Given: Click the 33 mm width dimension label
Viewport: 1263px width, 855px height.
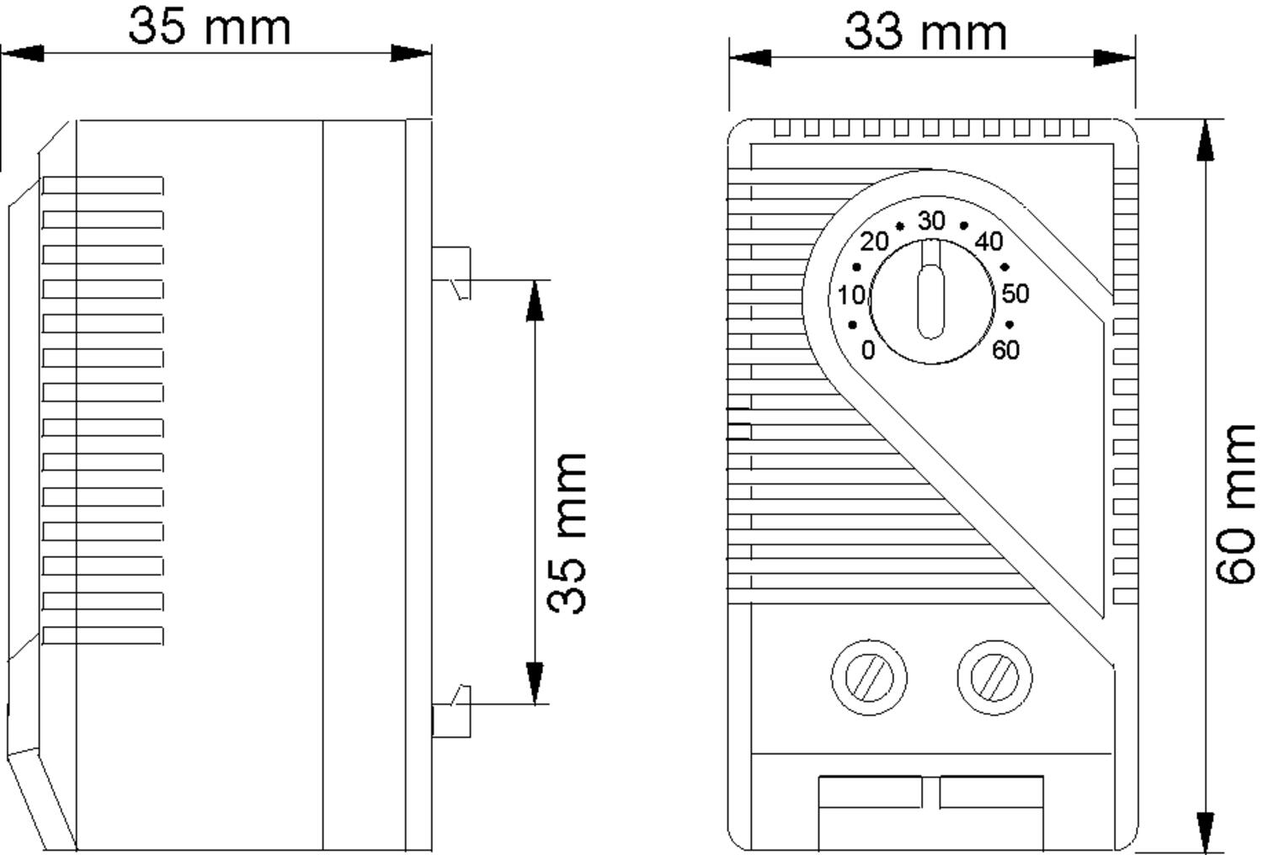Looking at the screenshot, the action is (925, 33).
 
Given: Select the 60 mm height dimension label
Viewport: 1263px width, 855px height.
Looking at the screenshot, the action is (1235, 504).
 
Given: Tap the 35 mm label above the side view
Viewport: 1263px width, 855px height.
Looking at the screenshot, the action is (209, 27).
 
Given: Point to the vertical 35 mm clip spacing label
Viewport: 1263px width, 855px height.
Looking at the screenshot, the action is (567, 534).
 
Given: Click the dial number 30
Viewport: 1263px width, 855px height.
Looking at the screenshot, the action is (931, 220).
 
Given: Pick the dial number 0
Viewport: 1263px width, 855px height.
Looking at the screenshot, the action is (868, 350).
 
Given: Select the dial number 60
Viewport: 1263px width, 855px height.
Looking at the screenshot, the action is (1006, 350).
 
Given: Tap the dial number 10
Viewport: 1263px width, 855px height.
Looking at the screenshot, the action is (851, 295).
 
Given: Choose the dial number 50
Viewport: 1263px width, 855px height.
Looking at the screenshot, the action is (1015, 294).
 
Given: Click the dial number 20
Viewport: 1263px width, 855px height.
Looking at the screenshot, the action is (874, 242).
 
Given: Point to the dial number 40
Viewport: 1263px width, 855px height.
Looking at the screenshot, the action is (989, 242).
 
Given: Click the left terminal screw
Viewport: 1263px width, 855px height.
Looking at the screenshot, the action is (869, 677).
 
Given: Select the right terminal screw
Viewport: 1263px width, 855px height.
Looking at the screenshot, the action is (994, 677).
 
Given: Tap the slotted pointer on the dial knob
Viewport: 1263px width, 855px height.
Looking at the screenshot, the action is (931, 289).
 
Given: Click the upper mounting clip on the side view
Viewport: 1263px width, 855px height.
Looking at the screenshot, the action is (451, 273).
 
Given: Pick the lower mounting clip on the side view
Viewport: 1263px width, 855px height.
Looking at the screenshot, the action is (451, 711).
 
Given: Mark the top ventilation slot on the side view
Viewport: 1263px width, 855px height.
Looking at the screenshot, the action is (103, 185).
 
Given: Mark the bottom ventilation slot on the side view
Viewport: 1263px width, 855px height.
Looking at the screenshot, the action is (103, 635).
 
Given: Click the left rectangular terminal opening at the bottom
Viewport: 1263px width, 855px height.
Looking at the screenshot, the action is (870, 792).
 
